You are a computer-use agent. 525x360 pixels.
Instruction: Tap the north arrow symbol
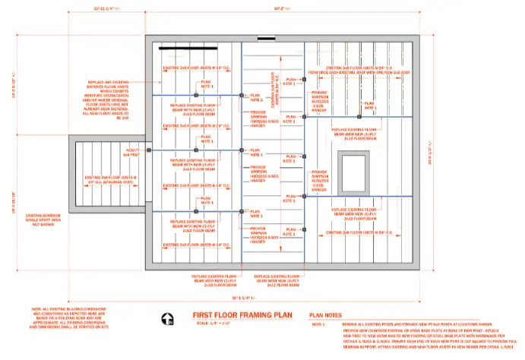[171, 319]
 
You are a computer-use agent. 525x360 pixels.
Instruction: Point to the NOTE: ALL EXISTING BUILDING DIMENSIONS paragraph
[73, 319]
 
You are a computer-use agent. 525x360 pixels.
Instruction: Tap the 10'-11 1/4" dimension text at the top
[106, 9]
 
